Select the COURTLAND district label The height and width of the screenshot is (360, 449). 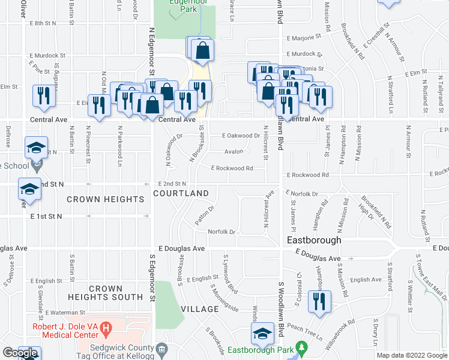coord(181,193)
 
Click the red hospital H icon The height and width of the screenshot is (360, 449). coord(106,328)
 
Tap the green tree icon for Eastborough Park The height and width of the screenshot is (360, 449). coord(303,347)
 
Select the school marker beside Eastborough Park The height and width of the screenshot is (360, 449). coord(262,334)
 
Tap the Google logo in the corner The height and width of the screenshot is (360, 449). coord(20,353)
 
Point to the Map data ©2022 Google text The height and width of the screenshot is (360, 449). coord(412,355)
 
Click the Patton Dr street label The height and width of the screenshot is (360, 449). coord(204,217)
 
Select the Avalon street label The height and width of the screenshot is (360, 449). coord(234,152)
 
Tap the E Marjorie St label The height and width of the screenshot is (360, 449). coord(309,37)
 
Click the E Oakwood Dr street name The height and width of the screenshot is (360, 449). coord(241,136)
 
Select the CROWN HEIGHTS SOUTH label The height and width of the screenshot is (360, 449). coord(106,293)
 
